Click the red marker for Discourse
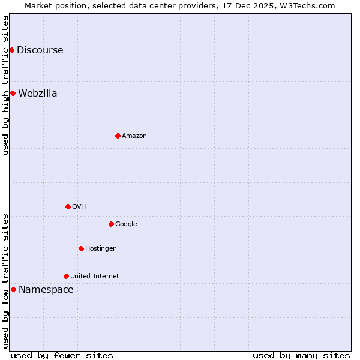pyautogui.click(x=11, y=50)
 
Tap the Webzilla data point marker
pyautogui.click(x=13, y=93)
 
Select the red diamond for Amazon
pyautogui.click(x=118, y=136)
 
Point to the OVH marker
pyautogui.click(x=68, y=206)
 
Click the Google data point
pyautogui.click(x=111, y=224)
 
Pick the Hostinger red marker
pyautogui.click(x=81, y=248)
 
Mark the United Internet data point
pyautogui.click(x=66, y=276)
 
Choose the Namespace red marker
pyautogui.click(x=13, y=289)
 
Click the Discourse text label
pyautogui.click(x=40, y=50)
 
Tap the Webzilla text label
pyautogui.click(x=37, y=94)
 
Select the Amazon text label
pyautogui.click(x=134, y=136)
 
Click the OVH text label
pyautogui.click(x=79, y=207)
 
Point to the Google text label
pyautogui.click(x=126, y=224)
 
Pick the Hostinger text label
pyautogui.click(x=100, y=249)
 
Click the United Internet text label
pyautogui.click(x=94, y=277)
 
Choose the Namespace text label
pyautogui.click(x=46, y=290)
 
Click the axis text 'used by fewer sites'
pyautogui.click(x=62, y=355)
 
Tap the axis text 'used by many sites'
pyautogui.click(x=301, y=355)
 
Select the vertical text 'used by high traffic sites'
pyautogui.click(x=5, y=85)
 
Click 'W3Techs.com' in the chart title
pyautogui.click(x=310, y=5)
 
